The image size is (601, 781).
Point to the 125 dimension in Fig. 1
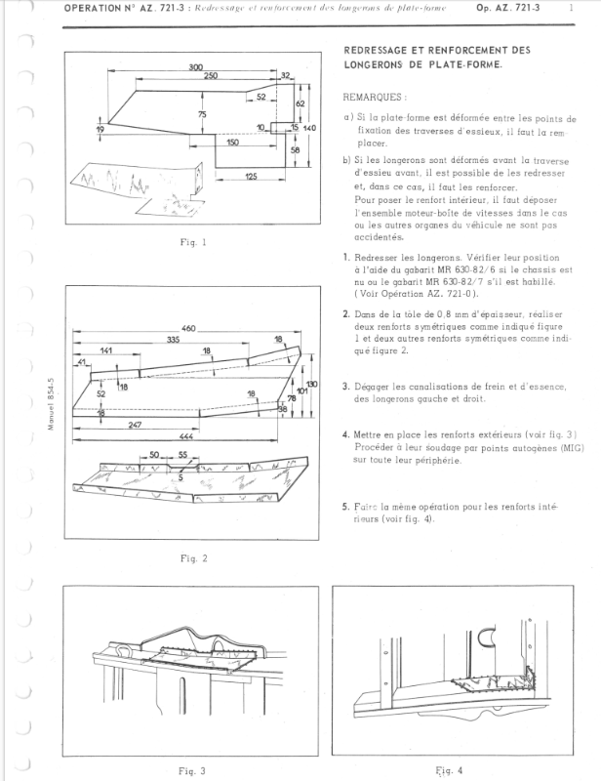[x=251, y=176]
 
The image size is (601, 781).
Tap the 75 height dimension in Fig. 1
[x=202, y=115]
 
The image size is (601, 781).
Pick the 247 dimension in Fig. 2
[x=129, y=426]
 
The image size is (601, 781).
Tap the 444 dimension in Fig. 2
[x=185, y=436]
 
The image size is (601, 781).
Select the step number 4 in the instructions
[x=346, y=434]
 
